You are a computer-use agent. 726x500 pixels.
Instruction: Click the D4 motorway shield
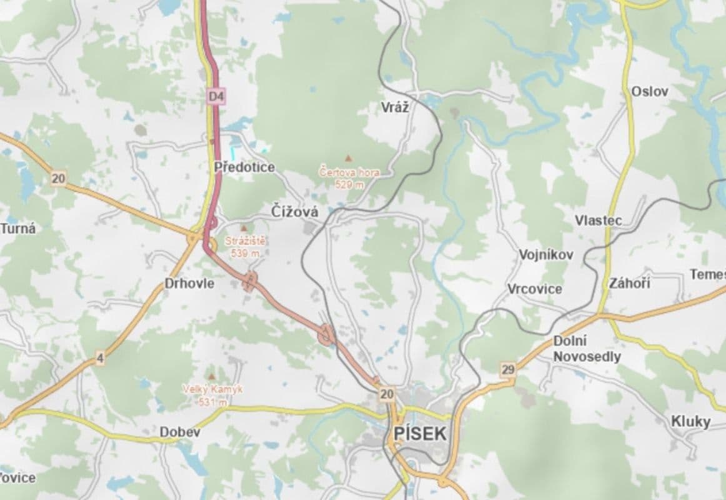click(x=216, y=96)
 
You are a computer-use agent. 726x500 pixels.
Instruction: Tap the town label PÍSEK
click(x=420, y=433)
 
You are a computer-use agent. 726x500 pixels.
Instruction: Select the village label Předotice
click(x=244, y=167)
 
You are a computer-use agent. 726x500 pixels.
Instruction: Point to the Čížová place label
click(x=295, y=212)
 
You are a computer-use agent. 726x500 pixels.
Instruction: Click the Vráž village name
click(x=395, y=107)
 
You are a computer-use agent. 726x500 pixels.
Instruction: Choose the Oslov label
click(x=649, y=91)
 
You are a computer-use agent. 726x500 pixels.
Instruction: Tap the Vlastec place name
click(x=598, y=221)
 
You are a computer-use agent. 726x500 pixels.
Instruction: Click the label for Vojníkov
click(x=545, y=255)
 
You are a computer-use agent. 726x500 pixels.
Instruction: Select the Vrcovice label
click(x=534, y=289)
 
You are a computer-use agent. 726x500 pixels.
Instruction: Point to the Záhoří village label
click(x=629, y=283)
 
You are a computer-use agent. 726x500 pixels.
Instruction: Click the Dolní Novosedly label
click(x=587, y=349)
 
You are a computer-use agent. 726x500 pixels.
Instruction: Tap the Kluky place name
click(x=690, y=421)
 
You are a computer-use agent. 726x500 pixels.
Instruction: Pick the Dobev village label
click(x=179, y=432)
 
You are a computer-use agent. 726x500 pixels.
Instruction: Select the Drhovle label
click(x=189, y=283)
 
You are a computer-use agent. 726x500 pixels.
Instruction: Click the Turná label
click(x=18, y=228)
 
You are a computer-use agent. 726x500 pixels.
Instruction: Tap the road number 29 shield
click(x=508, y=369)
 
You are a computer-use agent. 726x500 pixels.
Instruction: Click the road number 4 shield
click(x=100, y=359)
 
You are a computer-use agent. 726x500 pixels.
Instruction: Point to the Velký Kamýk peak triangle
click(x=212, y=377)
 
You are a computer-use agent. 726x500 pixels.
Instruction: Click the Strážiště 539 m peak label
click(x=245, y=247)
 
